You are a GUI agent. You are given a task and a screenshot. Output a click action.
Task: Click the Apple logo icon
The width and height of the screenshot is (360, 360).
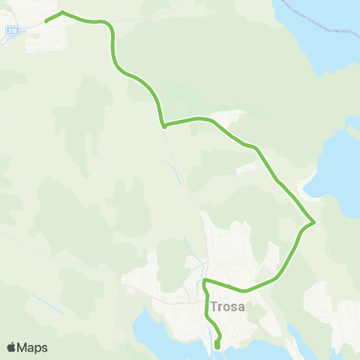tap(11, 347)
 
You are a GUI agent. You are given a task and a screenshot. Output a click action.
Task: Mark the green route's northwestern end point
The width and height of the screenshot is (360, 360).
tap(46, 21)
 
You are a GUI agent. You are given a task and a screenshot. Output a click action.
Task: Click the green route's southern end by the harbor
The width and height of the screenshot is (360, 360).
tap(217, 346)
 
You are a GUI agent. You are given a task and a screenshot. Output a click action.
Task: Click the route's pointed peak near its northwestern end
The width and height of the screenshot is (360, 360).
tap(62, 12)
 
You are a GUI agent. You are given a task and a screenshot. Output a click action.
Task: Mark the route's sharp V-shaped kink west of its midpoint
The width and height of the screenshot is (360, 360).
tap(163, 125)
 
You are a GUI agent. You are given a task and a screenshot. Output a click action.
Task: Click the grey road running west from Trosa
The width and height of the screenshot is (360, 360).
tap(60, 255)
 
